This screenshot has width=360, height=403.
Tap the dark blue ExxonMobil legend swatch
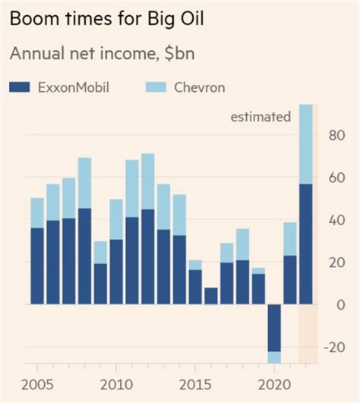click(19, 88)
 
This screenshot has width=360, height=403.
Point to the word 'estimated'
click(261, 116)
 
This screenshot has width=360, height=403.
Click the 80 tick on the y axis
click(335, 136)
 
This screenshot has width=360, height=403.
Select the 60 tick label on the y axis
click(335, 178)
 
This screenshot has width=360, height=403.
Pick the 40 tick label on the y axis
click(335, 220)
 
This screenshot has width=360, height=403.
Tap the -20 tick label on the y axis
click(332, 347)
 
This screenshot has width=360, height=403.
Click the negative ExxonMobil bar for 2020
click(273, 327)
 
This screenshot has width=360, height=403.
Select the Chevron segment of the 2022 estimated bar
click(305, 144)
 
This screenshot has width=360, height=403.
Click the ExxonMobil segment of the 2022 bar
click(305, 244)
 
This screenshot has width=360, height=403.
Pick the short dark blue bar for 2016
click(210, 296)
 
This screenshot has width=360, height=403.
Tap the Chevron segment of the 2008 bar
click(84, 183)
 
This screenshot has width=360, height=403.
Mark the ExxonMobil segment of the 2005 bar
click(36, 266)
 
